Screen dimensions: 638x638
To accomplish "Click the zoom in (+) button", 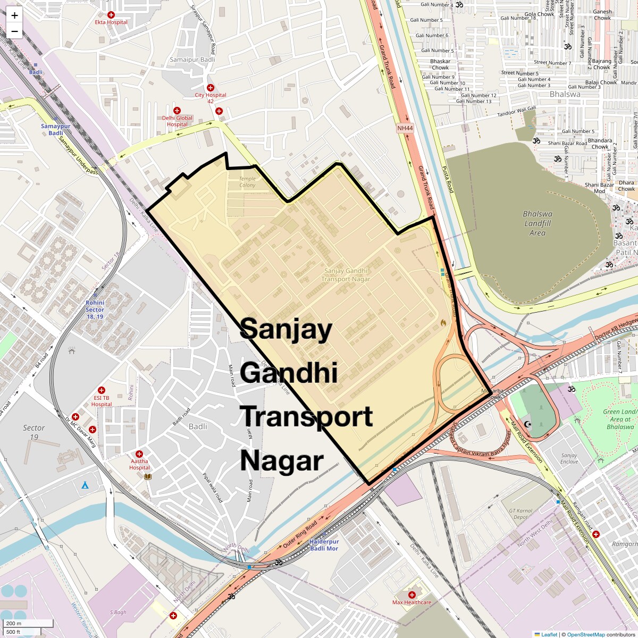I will pos(14,15).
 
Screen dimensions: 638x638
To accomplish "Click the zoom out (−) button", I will pos(14,31).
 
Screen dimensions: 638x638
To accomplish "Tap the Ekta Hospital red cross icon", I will pos(111,15).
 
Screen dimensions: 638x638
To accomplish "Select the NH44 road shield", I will pos(405,128).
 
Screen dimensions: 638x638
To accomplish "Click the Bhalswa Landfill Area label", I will pos(538,223).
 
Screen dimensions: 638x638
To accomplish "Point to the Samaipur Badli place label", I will pos(192,60).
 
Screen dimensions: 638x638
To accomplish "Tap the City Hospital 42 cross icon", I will pos(211,88).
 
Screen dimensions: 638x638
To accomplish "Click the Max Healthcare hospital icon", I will pos(412,595).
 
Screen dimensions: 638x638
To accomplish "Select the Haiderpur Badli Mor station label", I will pos(324,545).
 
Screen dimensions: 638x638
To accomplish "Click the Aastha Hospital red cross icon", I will pos(139,454).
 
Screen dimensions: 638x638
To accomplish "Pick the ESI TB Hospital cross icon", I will pos(102,391).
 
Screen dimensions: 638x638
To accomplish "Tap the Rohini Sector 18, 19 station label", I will pos(95,309).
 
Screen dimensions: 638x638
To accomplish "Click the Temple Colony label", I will pos(247,182).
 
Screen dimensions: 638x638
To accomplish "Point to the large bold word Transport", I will pos(307,416).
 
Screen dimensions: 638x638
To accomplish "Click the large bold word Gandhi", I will pos(289,372).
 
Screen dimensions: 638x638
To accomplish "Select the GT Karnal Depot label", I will pos(521,514).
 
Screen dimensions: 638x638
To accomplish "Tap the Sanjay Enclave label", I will pos(569,458).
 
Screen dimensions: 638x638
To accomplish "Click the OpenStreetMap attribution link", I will pos(585,634).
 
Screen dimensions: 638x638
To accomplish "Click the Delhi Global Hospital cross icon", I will pos(177,111).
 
